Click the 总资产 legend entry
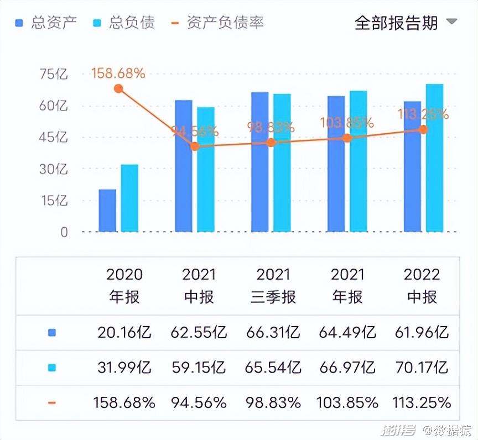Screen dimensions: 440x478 (46, 23)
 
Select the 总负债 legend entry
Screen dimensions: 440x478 (124, 23)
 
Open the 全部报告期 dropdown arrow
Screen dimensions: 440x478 (451, 22)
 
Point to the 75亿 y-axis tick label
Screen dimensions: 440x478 (54, 74)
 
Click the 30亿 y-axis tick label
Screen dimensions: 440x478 (54, 169)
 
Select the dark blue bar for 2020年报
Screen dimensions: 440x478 (107, 211)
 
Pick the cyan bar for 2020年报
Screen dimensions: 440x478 (129, 198)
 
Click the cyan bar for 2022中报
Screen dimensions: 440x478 (434, 158)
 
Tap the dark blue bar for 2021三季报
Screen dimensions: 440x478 (259, 162)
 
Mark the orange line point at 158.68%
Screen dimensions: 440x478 (118, 88)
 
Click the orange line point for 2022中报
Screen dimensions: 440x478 (423, 129)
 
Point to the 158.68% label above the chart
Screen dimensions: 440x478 (118, 73)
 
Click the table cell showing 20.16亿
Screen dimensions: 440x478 (124, 333)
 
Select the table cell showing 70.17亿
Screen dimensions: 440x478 (422, 367)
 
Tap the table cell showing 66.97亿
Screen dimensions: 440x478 (347, 367)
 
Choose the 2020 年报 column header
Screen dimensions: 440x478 (124, 285)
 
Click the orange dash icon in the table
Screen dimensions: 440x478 (52, 402)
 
